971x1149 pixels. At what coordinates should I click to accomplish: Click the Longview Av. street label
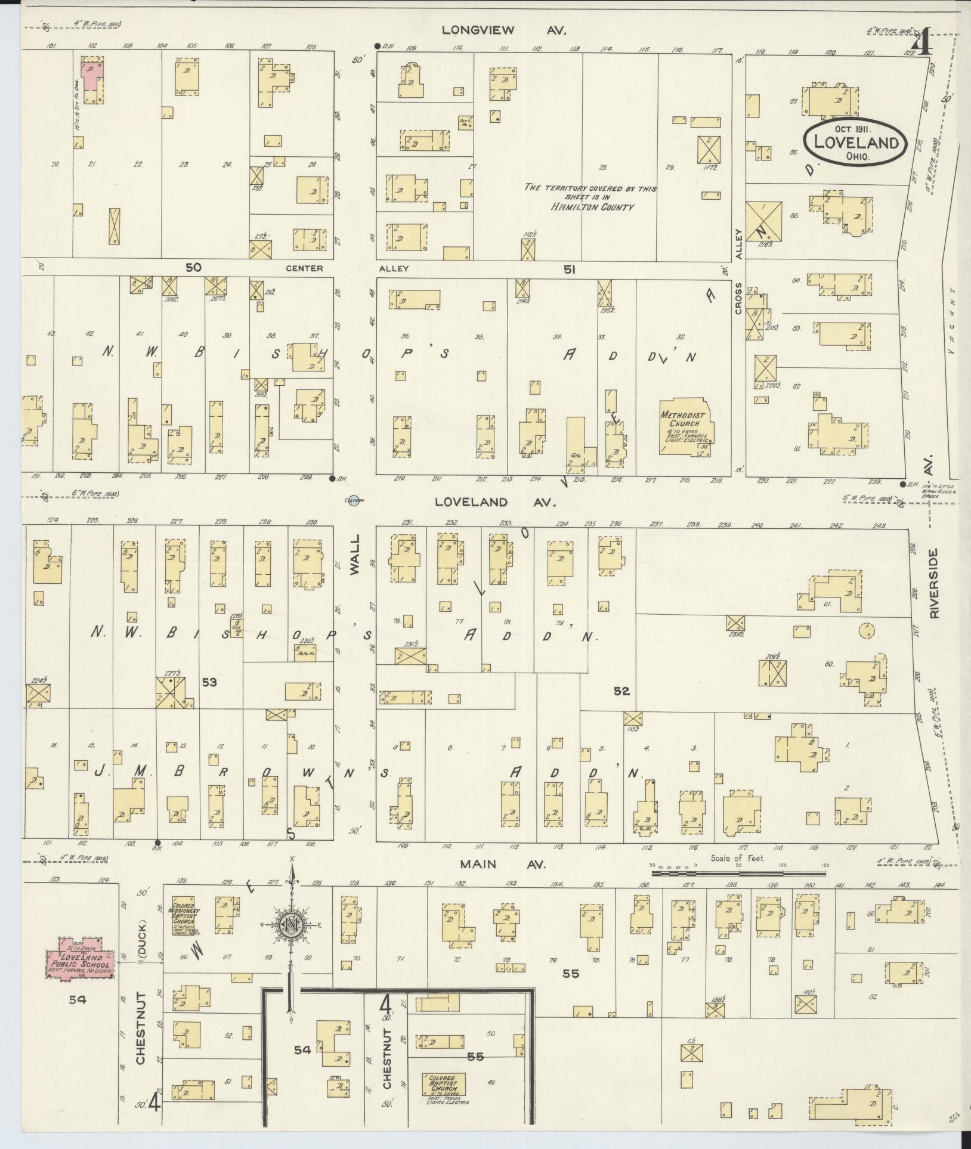[x=503, y=30]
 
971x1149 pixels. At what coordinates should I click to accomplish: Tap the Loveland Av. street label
[x=495, y=503]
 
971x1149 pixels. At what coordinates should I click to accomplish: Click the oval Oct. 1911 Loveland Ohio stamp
[x=855, y=142]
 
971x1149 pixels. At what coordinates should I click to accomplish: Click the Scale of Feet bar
[x=738, y=874]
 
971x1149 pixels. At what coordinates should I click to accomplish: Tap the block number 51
[x=570, y=270]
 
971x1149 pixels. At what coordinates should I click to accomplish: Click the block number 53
[x=209, y=682]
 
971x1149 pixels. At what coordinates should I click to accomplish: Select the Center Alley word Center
[x=304, y=268]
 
